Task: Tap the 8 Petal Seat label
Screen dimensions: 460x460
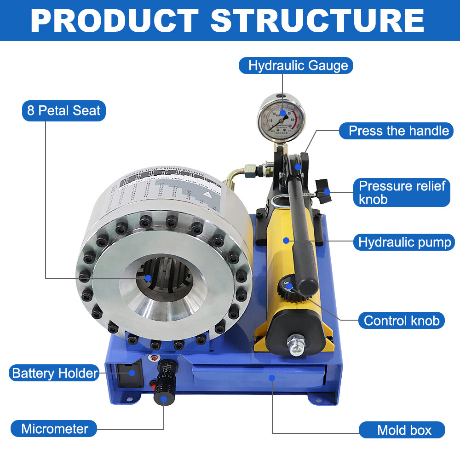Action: (64, 111)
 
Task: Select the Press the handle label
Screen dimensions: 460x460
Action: (398, 131)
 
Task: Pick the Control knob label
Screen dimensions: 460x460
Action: (402, 320)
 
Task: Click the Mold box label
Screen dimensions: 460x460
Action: (404, 430)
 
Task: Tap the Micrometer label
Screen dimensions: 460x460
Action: (54, 429)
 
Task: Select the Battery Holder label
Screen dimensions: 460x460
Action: (55, 373)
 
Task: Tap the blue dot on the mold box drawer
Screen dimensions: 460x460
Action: (272, 378)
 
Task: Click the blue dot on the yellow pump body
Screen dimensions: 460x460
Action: (286, 240)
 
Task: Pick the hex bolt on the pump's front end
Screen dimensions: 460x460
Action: (295, 345)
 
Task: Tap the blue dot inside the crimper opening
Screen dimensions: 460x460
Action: (148, 278)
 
